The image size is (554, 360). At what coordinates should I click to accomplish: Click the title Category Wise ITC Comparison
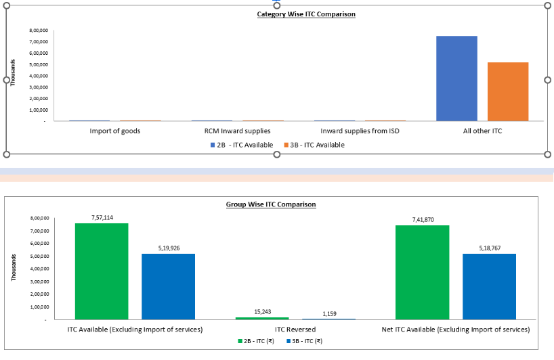click(306, 14)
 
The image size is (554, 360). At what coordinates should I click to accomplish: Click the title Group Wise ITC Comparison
click(271, 204)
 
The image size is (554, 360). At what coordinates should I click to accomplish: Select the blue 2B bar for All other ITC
click(456, 78)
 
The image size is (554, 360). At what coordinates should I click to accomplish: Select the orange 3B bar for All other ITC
click(508, 91)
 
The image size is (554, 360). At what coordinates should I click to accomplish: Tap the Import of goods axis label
click(115, 131)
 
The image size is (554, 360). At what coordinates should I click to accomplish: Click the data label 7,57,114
click(102, 217)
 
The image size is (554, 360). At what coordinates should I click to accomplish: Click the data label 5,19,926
click(168, 248)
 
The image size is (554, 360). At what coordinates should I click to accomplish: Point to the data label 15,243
click(261, 311)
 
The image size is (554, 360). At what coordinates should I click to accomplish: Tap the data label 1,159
click(328, 313)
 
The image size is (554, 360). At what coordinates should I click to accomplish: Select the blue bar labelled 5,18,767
click(489, 286)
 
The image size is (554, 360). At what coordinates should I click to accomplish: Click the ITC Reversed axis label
click(295, 329)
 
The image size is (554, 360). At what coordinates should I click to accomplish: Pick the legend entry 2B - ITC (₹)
click(259, 340)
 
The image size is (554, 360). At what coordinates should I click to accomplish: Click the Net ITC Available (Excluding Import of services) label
click(455, 329)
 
